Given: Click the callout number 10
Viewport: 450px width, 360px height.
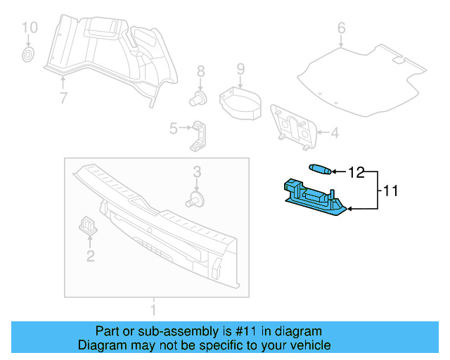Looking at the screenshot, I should [x=29, y=28].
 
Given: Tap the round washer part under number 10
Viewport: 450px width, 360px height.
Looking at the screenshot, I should [x=29, y=55].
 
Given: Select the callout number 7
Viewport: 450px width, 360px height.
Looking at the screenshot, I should [x=63, y=98].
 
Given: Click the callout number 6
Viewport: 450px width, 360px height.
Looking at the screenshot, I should [x=341, y=28].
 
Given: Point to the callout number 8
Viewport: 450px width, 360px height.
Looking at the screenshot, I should [x=200, y=71].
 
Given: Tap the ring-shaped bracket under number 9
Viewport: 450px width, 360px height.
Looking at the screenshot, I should [x=239, y=101].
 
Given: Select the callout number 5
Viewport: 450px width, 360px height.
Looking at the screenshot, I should [x=173, y=128].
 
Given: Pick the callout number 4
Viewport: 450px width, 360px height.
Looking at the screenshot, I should [x=335, y=132].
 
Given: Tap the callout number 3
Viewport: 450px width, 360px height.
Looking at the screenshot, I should [x=198, y=171].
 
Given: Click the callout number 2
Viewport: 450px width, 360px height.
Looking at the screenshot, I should [x=90, y=256].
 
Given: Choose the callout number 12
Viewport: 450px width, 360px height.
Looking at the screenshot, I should [x=356, y=172].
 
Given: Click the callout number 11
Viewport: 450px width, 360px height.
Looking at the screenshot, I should [x=391, y=190].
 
